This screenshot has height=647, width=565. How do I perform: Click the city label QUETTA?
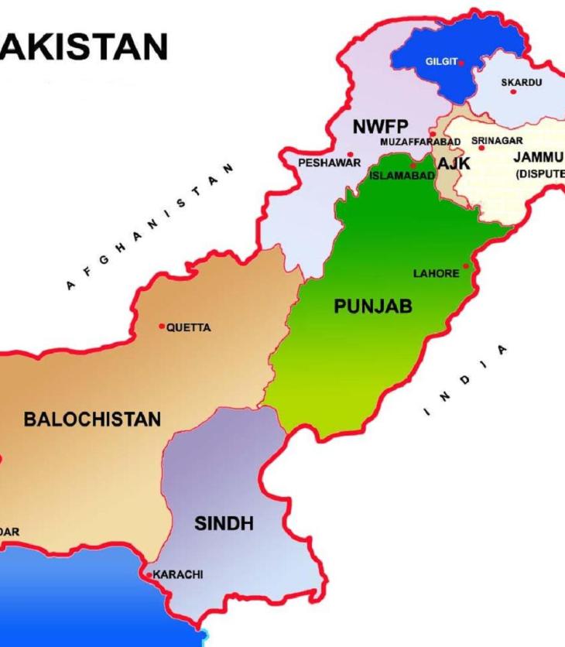tap(190, 327)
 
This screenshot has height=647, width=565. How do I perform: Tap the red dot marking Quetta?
tap(163, 326)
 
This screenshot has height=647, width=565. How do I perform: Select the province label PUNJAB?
tap(373, 306)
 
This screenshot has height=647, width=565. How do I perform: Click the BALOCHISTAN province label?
tap(92, 419)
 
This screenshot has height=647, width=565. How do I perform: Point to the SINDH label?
tap(224, 524)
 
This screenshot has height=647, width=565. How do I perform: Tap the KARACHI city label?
tap(178, 574)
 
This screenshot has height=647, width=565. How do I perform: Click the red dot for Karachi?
tap(149, 575)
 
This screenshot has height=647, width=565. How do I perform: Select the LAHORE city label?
tap(437, 274)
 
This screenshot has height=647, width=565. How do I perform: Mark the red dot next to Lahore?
tap(466, 265)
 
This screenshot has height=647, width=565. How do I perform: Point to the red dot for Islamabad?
tap(413, 165)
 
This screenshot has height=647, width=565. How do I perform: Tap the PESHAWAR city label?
tap(330, 163)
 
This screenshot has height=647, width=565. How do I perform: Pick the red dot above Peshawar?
tap(351, 154)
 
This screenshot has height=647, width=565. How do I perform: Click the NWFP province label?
tap(380, 127)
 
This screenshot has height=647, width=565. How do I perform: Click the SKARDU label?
tap(521, 81)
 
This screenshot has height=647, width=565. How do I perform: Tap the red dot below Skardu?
tap(513, 92)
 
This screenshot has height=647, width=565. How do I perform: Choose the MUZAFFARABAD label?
tap(420, 142)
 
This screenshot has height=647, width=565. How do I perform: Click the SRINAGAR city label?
tap(497, 141)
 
